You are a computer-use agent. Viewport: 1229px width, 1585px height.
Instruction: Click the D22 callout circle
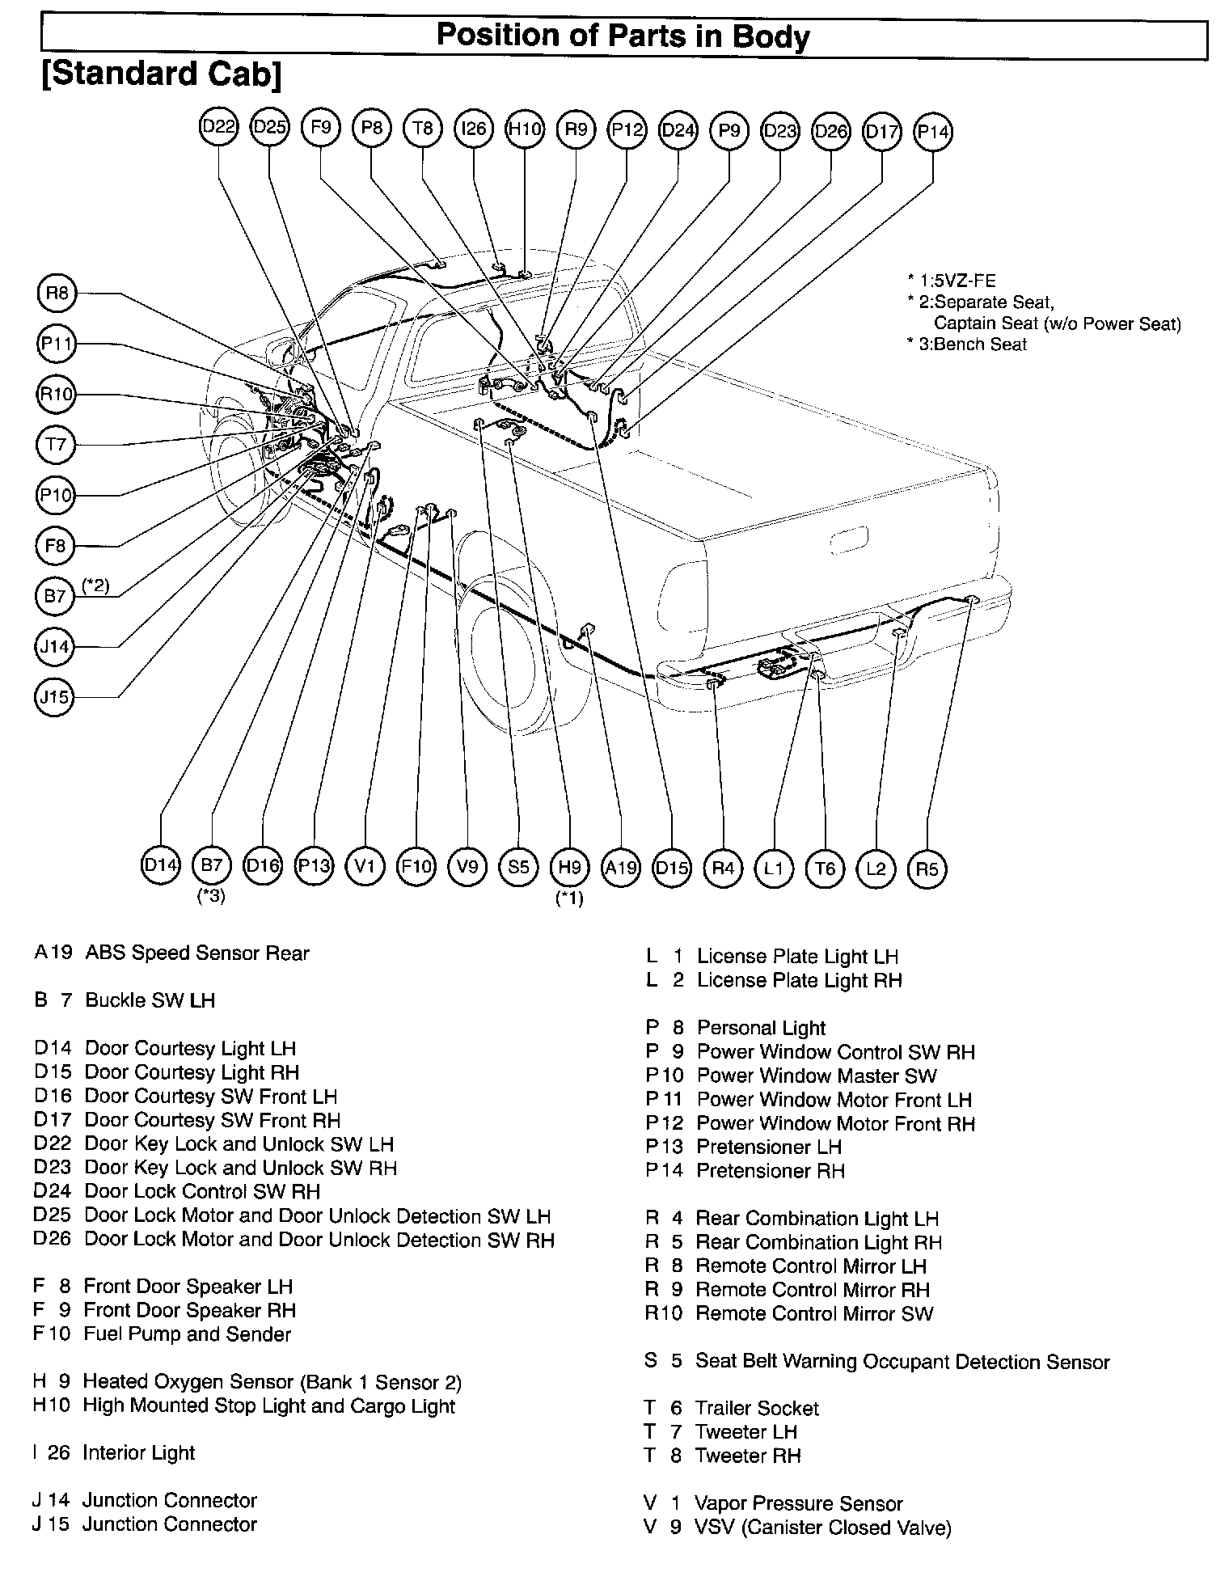pyautogui.click(x=219, y=128)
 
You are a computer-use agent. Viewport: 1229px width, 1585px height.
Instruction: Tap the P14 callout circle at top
pyautogui.click(x=932, y=131)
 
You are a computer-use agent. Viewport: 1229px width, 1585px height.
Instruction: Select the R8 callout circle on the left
pyautogui.click(x=57, y=293)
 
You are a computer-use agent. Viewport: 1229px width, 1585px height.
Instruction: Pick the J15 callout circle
pyautogui.click(x=55, y=696)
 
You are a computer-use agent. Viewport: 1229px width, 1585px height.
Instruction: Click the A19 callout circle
pyautogui.click(x=621, y=868)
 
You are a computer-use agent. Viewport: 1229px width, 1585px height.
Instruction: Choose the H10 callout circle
pyautogui.click(x=525, y=129)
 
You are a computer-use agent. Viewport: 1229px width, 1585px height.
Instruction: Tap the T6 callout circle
pyautogui.click(x=825, y=869)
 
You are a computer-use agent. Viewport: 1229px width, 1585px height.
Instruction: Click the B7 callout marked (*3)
pyautogui.click(x=212, y=865)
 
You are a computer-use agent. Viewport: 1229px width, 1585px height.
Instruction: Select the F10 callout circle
pyautogui.click(x=416, y=867)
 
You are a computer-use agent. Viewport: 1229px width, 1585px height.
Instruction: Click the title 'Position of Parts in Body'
pyautogui.click(x=623, y=37)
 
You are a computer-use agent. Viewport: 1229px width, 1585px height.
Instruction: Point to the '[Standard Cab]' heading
pyautogui.click(x=162, y=74)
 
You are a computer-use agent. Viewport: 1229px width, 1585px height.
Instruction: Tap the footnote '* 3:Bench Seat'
pyautogui.click(x=967, y=344)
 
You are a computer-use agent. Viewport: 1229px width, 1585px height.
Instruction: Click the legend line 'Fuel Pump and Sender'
pyautogui.click(x=187, y=1334)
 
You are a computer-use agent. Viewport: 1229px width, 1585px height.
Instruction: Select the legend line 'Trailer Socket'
pyautogui.click(x=757, y=1409)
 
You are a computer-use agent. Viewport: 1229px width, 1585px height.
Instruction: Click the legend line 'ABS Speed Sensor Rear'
pyautogui.click(x=196, y=953)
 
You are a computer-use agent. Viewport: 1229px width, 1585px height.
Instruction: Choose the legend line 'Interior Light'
pyautogui.click(x=138, y=1453)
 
